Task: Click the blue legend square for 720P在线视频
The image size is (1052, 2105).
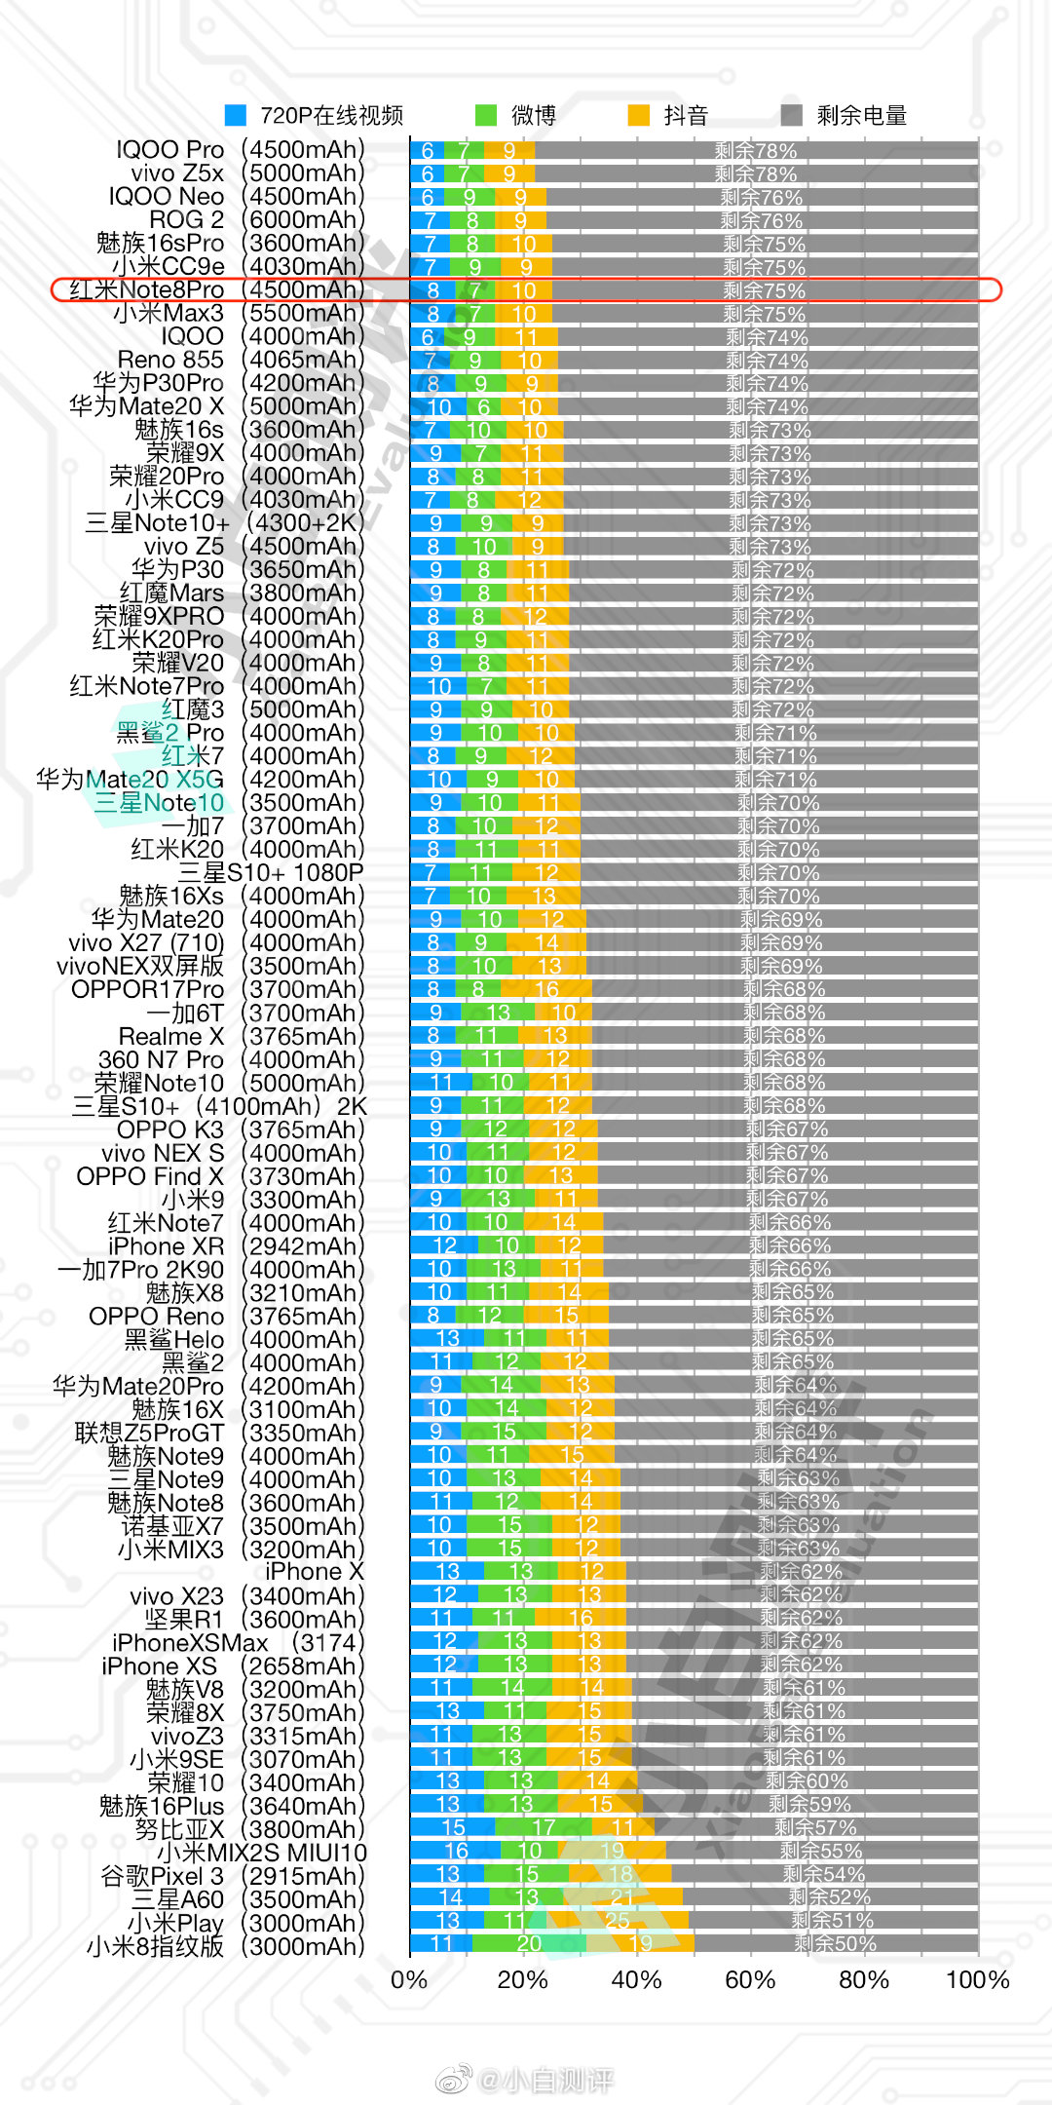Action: [x=236, y=115]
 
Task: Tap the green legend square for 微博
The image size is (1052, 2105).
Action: [x=486, y=115]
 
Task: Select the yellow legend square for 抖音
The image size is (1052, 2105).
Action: [x=639, y=115]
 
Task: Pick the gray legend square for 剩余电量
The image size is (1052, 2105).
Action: [x=792, y=115]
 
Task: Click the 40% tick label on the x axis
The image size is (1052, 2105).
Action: [x=636, y=1979]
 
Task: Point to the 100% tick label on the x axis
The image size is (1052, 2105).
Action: [x=977, y=1979]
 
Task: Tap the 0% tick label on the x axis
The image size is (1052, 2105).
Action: [x=409, y=1979]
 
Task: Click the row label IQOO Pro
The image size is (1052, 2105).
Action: [x=169, y=149]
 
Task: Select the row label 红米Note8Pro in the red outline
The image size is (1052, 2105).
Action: [x=146, y=289]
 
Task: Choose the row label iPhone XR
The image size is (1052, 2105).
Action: [x=166, y=1246]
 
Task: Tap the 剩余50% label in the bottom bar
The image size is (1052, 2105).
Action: [x=835, y=1943]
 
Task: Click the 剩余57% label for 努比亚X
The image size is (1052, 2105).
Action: [x=815, y=1827]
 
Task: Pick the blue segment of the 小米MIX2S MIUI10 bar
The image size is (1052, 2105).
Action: [x=455, y=1850]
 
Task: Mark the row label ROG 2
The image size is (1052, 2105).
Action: [x=186, y=219]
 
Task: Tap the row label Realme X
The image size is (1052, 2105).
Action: [x=170, y=1036]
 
